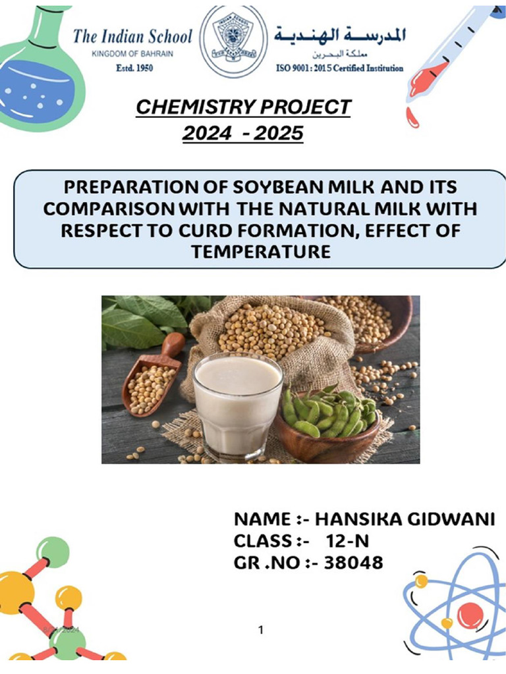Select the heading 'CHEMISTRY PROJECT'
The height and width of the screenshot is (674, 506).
[243, 107]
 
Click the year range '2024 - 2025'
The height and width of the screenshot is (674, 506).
[243, 134]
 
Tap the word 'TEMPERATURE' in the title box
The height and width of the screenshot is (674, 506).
[261, 251]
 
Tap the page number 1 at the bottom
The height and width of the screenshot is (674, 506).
[261, 630]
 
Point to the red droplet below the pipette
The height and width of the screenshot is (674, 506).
[412, 117]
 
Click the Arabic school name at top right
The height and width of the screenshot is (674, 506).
[340, 34]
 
